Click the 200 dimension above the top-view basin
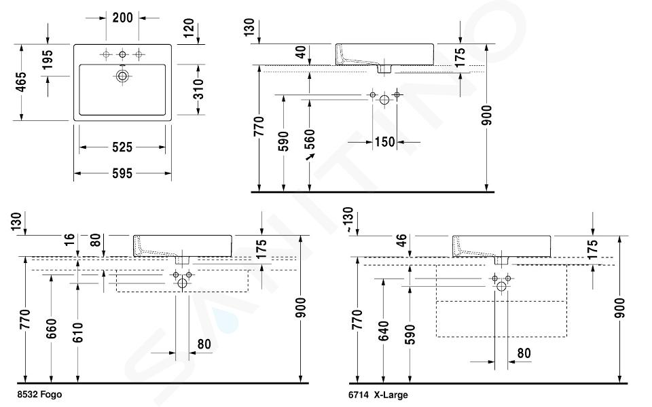123,18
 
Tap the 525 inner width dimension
122,147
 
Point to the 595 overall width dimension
122,173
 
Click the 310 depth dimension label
200,89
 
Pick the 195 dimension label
48,60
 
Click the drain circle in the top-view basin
122,75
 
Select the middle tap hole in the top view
122,54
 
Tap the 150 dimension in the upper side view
384,142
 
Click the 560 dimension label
310,139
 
